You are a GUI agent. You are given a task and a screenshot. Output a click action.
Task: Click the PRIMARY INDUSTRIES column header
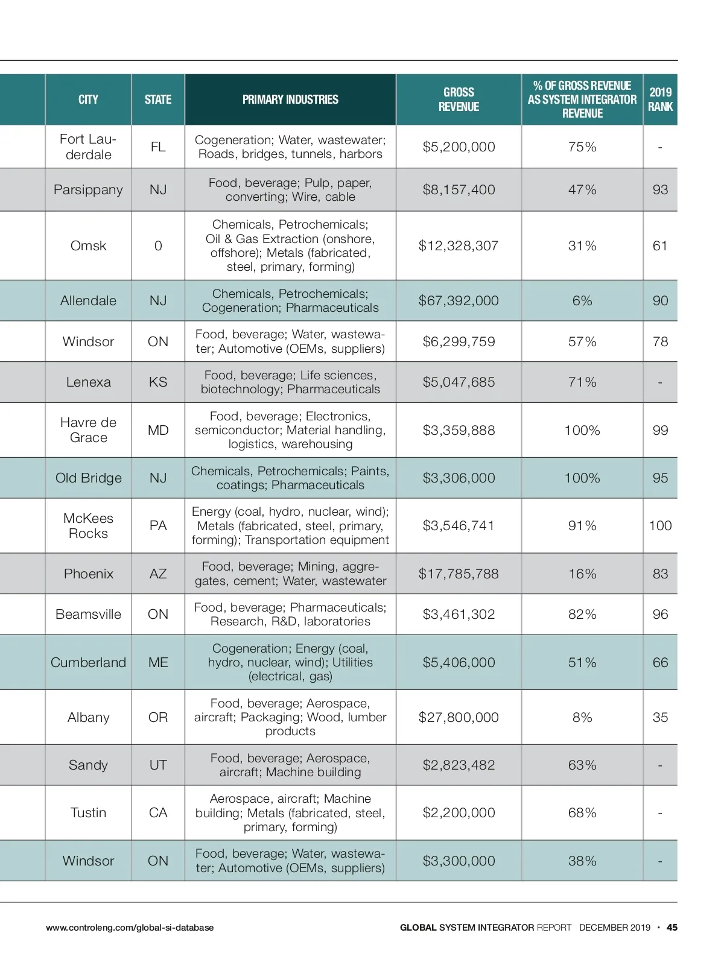click(290, 100)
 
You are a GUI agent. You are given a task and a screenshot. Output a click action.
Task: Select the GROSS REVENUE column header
click(459, 100)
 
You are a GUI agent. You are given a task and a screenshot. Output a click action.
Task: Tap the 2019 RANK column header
click(660, 100)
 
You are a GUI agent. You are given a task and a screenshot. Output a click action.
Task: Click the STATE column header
click(158, 100)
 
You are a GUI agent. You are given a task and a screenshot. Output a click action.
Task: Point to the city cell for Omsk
click(88, 245)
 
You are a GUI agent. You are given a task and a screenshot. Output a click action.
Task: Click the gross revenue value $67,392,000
click(459, 300)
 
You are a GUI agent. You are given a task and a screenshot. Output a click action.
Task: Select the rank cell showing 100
click(660, 525)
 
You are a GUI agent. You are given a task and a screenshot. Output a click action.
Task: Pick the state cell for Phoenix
click(158, 574)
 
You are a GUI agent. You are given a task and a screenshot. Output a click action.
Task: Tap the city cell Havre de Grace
click(88, 430)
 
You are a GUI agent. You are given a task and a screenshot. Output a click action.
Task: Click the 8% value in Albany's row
click(582, 717)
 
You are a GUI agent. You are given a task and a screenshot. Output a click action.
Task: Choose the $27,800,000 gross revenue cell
click(459, 717)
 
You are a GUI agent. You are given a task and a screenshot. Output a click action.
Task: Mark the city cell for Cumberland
click(88, 662)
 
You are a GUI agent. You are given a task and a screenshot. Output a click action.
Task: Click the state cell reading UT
click(158, 765)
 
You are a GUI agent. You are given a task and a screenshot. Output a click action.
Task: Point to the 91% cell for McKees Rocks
click(582, 525)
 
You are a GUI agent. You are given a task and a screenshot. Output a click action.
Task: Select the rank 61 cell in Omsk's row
click(660, 245)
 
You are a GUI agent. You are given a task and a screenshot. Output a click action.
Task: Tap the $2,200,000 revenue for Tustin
click(459, 812)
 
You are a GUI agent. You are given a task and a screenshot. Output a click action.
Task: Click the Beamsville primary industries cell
click(290, 614)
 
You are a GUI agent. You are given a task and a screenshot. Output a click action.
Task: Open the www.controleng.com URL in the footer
click(130, 928)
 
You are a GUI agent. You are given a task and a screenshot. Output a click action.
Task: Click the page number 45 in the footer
click(672, 928)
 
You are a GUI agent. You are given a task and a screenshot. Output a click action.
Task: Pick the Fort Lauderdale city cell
click(88, 147)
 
